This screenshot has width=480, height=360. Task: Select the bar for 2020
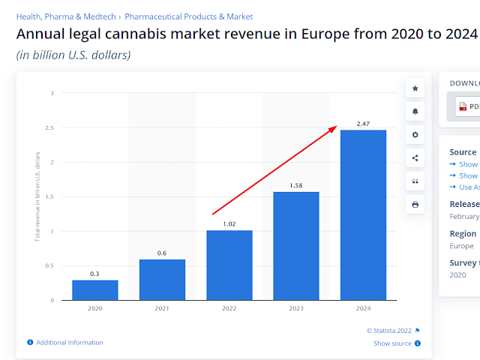tap(94, 289)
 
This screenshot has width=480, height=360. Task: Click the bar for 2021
tap(162, 279)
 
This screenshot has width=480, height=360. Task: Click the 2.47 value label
tap(363, 123)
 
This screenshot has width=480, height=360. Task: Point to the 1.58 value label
tap(296, 184)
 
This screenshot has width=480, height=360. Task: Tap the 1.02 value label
tap(229, 223)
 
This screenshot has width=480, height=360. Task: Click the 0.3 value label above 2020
tap(94, 273)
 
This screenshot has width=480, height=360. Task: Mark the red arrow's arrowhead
tap(333, 127)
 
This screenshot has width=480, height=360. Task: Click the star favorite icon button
tap(415, 88)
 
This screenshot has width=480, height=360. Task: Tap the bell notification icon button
tap(415, 112)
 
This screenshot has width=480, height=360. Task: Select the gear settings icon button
tap(415, 135)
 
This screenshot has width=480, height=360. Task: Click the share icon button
tap(415, 158)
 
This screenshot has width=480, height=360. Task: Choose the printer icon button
tap(415, 204)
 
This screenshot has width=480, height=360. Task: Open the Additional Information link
tap(69, 343)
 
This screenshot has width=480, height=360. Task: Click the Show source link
tap(393, 343)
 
